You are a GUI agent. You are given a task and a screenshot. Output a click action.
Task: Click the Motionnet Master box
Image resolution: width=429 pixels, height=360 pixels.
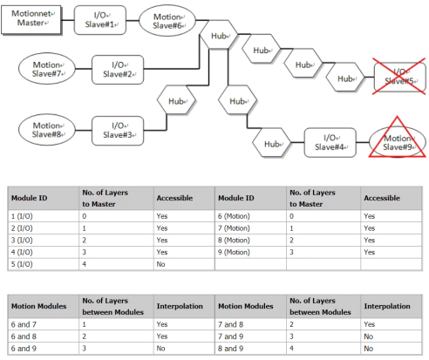point(31,20)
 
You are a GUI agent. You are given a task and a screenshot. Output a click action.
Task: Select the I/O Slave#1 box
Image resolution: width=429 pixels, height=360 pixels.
point(100,20)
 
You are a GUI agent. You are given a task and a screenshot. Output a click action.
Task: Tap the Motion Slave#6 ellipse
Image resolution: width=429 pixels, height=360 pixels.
point(167,21)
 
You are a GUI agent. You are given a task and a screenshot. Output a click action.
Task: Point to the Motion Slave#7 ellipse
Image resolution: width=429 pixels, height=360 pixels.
point(47,69)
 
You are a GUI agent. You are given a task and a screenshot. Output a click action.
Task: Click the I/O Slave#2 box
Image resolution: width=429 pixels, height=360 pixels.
point(118,70)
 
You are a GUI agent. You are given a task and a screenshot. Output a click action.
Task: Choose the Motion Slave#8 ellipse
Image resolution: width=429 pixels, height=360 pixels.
point(47,130)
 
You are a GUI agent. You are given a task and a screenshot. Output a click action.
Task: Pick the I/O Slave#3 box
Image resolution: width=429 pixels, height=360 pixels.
point(118,131)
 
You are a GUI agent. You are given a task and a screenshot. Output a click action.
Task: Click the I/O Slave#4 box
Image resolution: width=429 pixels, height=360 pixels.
point(330,143)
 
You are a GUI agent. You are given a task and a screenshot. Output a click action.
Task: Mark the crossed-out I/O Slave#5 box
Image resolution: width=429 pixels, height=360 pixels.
point(400,77)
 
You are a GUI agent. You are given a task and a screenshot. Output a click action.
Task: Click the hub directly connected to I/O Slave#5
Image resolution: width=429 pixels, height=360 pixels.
point(345,78)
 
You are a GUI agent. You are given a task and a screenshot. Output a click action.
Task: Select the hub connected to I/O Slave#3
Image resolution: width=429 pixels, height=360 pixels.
point(177,100)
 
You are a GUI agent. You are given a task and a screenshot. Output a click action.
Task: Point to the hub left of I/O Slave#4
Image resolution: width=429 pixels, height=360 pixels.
point(271,143)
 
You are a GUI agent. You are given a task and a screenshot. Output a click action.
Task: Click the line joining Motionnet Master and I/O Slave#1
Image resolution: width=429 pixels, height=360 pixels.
point(68,20)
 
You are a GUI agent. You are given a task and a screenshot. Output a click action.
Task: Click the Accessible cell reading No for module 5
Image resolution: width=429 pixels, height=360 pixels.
point(160,264)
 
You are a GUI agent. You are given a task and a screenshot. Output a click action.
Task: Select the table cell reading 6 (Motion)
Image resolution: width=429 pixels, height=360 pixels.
point(234,216)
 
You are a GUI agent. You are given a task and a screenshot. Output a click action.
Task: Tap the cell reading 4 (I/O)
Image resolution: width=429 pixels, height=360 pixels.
point(22,252)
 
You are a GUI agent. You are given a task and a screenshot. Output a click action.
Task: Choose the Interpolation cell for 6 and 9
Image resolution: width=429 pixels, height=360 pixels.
point(160,349)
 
